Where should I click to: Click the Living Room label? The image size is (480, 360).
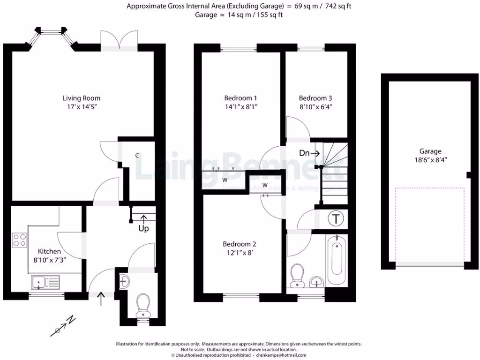click(x=82, y=98)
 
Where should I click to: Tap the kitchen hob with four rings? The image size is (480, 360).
click(x=20, y=240)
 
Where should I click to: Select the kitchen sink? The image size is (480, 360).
click(x=45, y=282)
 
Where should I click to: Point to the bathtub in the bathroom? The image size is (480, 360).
click(x=336, y=260)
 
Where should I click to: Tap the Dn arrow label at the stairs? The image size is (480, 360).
click(x=309, y=153)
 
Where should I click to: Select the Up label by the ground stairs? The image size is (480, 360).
click(x=143, y=229)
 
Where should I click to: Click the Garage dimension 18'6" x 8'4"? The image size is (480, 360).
click(x=430, y=160)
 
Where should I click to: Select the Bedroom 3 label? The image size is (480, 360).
click(x=315, y=98)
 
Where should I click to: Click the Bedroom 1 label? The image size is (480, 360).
click(x=240, y=98)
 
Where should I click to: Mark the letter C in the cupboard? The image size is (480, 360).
click(x=137, y=155)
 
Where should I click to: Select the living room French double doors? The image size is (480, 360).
click(x=120, y=41)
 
